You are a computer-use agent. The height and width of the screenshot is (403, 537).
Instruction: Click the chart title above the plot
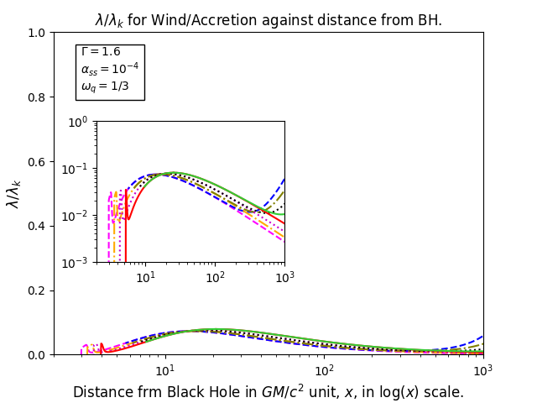(x=268, y=20)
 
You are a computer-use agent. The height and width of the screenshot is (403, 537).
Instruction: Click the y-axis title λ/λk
(x=13, y=194)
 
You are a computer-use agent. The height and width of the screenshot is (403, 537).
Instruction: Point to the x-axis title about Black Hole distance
(x=268, y=392)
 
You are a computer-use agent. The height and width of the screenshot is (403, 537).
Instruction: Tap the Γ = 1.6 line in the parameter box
(x=101, y=52)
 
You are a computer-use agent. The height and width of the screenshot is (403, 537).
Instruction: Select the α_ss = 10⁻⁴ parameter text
(x=110, y=68)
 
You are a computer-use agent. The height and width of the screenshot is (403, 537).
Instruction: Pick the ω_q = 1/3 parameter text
(x=105, y=86)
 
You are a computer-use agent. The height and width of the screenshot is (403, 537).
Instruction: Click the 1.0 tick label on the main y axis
(x=36, y=34)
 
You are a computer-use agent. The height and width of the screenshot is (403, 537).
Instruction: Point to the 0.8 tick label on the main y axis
(x=36, y=97)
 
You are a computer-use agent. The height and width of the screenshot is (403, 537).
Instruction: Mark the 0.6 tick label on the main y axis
(x=36, y=162)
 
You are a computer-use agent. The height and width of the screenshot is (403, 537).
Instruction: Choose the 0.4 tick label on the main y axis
(x=36, y=227)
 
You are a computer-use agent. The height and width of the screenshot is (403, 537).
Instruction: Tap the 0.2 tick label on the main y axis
(x=36, y=291)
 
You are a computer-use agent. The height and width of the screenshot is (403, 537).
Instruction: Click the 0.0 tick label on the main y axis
(x=36, y=355)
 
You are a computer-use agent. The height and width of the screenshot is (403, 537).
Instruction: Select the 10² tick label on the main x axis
(x=325, y=369)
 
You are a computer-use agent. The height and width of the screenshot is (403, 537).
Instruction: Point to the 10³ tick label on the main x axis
(x=483, y=369)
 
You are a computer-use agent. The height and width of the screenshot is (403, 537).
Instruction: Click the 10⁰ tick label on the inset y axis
(x=78, y=122)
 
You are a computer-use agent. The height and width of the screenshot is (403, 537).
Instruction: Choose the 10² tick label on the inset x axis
(x=215, y=277)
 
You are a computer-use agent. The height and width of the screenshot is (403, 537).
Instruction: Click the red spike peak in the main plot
(x=102, y=343)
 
